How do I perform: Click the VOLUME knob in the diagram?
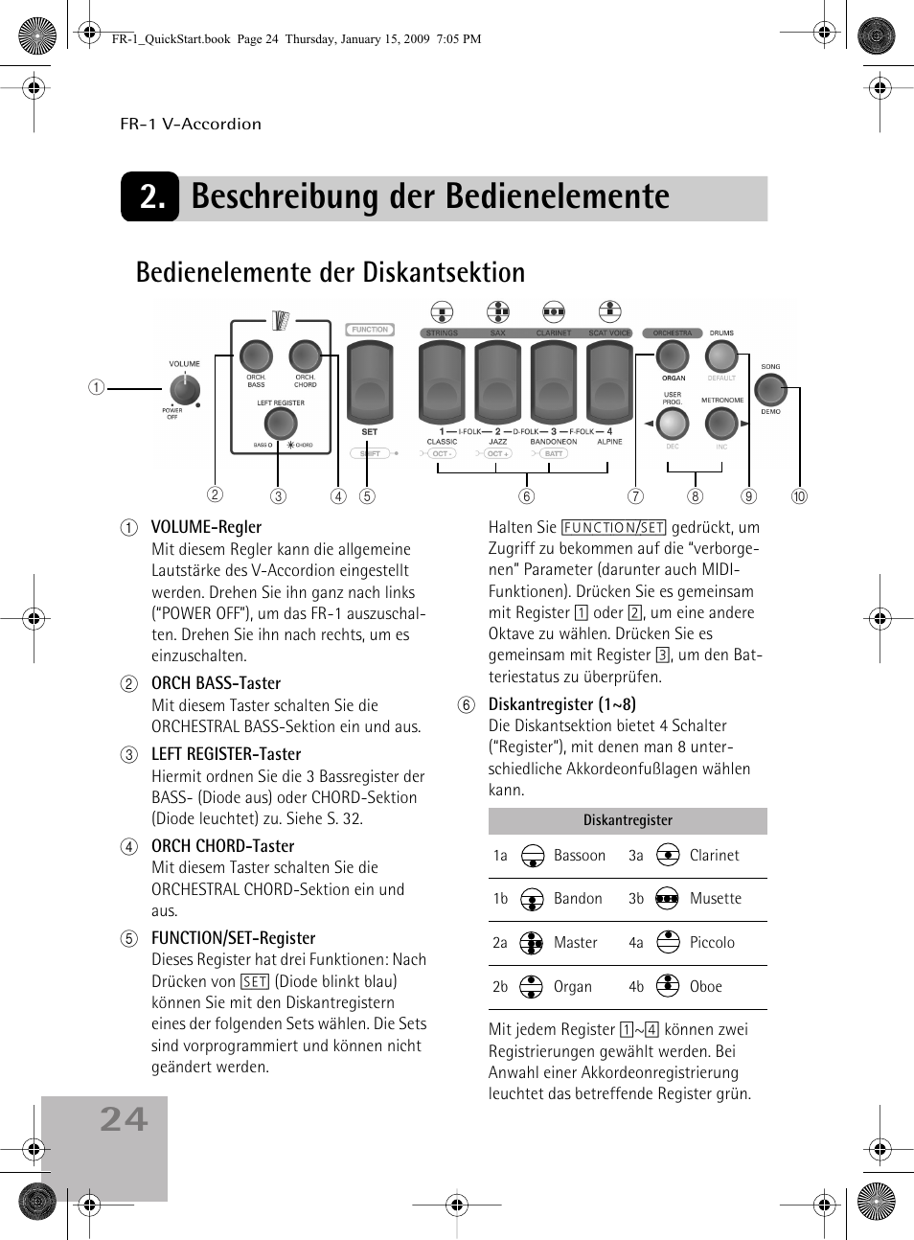(184, 389)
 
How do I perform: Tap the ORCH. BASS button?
(256, 356)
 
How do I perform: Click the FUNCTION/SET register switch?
(370, 381)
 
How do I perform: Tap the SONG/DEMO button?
(770, 389)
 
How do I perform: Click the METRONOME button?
(720, 423)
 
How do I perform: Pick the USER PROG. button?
(673, 423)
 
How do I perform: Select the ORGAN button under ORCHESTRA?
(673, 356)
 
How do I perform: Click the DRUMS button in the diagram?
(720, 356)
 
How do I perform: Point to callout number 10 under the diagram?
(799, 496)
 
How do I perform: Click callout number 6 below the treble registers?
(526, 496)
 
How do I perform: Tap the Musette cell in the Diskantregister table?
(715, 899)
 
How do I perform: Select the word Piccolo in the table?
(712, 943)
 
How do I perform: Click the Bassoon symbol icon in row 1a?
(533, 856)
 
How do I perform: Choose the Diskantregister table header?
(628, 820)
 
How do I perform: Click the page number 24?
(125, 1119)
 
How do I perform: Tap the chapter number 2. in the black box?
(151, 196)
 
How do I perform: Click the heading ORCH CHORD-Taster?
(222, 846)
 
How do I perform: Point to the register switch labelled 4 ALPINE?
(610, 381)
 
